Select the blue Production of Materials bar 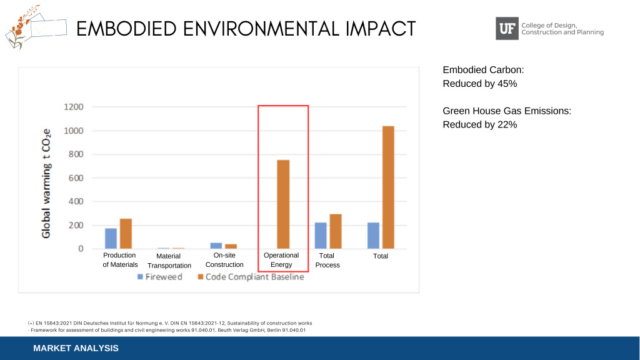[111, 238]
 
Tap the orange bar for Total [388, 187]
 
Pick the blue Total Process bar [321, 236]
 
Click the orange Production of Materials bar [126, 233]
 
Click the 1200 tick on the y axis [74, 107]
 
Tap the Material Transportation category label [169, 261]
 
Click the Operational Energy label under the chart [281, 260]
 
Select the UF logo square [507, 28]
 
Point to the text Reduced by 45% [479, 84]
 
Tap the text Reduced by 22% [479, 124]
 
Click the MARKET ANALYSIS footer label [76, 348]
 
